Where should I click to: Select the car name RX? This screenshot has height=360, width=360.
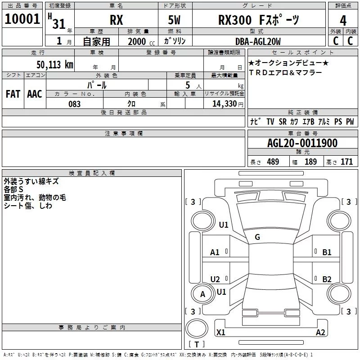pos(117,20)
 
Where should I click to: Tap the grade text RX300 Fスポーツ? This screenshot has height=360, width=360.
pos(258,20)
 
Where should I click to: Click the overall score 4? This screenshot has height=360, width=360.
pos(343,20)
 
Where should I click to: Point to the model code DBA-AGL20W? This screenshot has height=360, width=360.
pos(257,42)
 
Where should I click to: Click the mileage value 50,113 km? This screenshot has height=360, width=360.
pos(54,64)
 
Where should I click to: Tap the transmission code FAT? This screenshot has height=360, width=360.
pos(13,94)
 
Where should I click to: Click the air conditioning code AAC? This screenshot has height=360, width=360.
pos(34,94)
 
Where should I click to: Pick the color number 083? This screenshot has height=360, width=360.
pos(74,104)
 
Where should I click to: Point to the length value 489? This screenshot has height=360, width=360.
pos(273,162)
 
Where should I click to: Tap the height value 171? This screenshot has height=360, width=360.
pos(346,162)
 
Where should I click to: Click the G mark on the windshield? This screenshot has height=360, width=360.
pos(257,237)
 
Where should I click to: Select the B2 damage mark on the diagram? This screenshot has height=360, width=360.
pos(327,279)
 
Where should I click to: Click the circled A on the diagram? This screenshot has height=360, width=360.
pos(202,294)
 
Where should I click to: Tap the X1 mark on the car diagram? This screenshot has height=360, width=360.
pos(221,333)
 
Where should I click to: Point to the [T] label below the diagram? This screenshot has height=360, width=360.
pos(196,345)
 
